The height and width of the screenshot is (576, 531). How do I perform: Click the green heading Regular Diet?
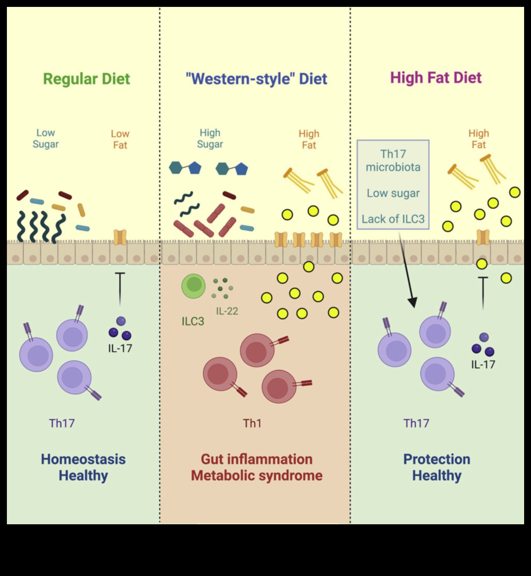(x=87, y=79)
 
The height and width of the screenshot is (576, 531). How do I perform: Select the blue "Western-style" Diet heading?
(x=256, y=79)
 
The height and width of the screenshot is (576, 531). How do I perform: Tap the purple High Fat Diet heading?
(x=435, y=78)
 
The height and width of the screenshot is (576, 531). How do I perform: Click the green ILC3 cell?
(x=193, y=286)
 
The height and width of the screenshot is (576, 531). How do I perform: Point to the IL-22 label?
(x=227, y=311)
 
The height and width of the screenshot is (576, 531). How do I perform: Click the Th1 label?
(x=252, y=423)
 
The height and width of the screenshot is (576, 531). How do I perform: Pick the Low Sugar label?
(x=46, y=138)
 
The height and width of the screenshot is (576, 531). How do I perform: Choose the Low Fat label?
(x=120, y=139)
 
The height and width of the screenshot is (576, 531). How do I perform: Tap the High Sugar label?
(x=210, y=138)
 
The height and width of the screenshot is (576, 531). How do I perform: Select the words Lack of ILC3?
(x=393, y=219)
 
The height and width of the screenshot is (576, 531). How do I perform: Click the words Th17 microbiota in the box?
(x=393, y=160)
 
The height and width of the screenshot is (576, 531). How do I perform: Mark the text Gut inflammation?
(x=257, y=459)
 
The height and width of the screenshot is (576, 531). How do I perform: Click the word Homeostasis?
(x=83, y=459)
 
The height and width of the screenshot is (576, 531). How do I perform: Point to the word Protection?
(x=437, y=459)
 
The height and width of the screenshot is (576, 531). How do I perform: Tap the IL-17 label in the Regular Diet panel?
(x=120, y=348)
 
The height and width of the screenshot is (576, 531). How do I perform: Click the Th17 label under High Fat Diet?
(x=416, y=423)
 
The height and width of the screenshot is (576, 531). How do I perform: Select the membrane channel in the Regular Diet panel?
(x=120, y=237)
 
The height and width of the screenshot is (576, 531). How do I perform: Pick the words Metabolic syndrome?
(x=257, y=476)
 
